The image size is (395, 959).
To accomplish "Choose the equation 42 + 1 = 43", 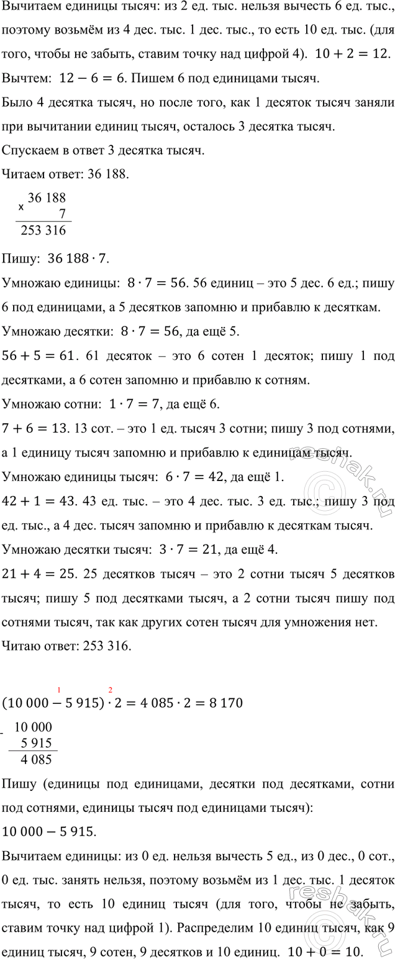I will coord(37,502).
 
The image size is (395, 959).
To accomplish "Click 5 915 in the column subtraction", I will coord(37,743).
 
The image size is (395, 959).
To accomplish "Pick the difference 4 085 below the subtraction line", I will coord(37,759).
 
